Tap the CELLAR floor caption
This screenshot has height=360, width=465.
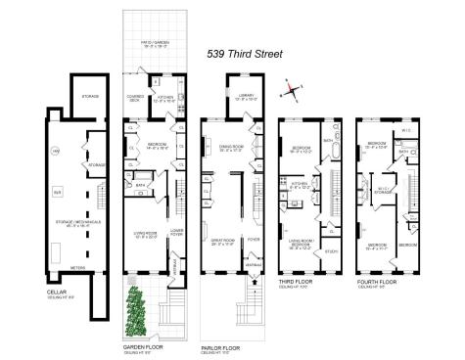point(57,292)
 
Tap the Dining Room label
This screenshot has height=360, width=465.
point(231,150)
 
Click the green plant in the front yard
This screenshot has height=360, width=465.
point(136,308)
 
